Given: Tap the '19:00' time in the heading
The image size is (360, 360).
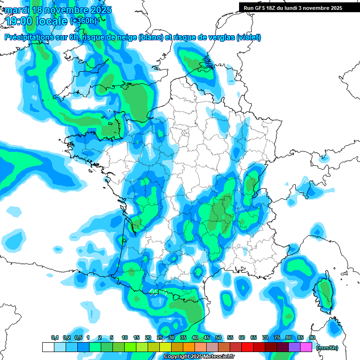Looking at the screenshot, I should click(x=21, y=21).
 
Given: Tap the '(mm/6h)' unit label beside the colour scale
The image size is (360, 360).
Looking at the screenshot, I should click(x=327, y=348).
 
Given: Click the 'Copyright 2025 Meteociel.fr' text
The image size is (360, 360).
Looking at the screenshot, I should click(x=198, y=357).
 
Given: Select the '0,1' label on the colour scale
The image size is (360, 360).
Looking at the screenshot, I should click(x=54, y=338).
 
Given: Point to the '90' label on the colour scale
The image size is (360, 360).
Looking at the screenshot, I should click(x=312, y=338).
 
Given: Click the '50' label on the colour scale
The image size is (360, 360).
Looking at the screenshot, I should click(x=218, y=338).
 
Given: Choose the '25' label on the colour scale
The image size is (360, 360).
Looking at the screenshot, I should click(x=160, y=338).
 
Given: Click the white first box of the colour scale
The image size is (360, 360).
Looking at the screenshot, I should click(x=48, y=347).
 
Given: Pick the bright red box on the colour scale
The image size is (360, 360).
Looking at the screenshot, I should click(x=248, y=347).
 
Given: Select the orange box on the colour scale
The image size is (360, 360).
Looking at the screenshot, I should click(x=189, y=347).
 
